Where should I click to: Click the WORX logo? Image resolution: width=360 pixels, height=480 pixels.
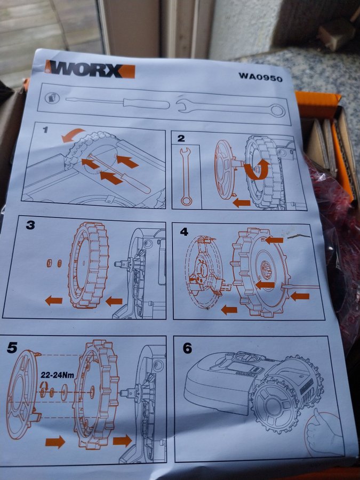click(90, 69)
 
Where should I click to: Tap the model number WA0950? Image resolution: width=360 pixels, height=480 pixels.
click(260, 77)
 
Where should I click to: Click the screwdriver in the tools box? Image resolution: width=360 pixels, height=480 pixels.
click(118, 102)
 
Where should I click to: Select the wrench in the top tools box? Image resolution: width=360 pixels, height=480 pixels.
click(230, 107)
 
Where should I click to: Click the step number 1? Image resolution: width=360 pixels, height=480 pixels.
click(45, 130)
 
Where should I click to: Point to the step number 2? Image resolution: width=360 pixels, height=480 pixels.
click(181, 138)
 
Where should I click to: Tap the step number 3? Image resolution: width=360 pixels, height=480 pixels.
click(30, 225)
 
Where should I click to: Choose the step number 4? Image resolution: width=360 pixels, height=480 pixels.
click(184, 232)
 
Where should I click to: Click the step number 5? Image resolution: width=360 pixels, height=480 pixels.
click(12, 347)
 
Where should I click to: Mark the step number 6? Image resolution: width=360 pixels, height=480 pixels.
click(187, 348)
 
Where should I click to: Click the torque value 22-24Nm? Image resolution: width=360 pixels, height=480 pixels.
click(57, 375)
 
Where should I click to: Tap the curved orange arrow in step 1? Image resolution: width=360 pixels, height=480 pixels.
click(73, 135)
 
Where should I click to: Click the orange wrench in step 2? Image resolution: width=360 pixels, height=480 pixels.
click(186, 177)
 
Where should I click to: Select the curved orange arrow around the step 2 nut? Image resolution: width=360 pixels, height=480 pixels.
click(257, 171)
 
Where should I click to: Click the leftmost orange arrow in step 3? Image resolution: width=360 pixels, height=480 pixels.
click(53, 301)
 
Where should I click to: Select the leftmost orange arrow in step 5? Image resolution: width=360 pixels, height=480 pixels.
click(55, 442)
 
